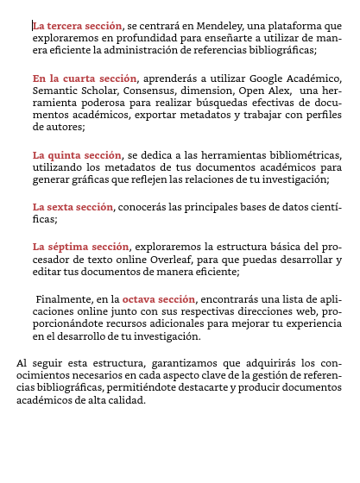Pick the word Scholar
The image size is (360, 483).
click(106, 91)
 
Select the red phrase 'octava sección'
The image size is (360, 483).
click(159, 299)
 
